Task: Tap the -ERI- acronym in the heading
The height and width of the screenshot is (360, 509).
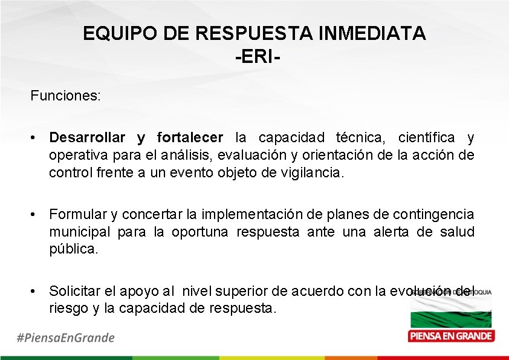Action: [x=254, y=57]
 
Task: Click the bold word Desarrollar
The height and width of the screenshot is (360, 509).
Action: [x=88, y=137]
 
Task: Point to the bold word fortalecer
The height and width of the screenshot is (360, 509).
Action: [x=190, y=137]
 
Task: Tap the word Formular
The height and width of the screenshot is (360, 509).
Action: [x=77, y=214]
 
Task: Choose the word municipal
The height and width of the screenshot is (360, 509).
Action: [x=80, y=232]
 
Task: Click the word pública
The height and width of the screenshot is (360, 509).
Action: [x=73, y=249]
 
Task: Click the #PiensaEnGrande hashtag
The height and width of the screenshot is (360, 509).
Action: [x=65, y=337]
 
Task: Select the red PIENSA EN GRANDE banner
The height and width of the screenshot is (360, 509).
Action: [x=451, y=336]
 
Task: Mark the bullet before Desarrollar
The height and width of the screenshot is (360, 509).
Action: [x=36, y=137]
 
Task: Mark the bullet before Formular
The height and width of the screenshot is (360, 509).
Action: [x=36, y=214]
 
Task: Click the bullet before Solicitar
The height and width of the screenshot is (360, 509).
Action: [x=36, y=290]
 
